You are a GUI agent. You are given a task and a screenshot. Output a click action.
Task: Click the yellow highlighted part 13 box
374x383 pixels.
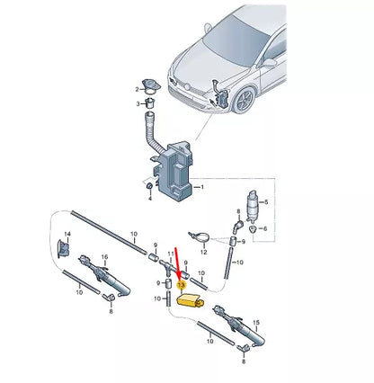(191, 300)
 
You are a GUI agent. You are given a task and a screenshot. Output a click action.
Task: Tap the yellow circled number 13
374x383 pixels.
(182, 285)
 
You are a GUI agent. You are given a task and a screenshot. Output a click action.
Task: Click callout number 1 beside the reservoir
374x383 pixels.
(202, 187)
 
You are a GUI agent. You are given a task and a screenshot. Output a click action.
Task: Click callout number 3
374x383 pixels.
(138, 104)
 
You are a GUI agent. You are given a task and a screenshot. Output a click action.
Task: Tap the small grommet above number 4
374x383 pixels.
(149, 187)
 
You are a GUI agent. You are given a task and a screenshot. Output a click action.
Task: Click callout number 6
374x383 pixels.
(265, 229)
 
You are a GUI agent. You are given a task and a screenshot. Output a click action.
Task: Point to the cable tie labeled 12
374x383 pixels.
(200, 237)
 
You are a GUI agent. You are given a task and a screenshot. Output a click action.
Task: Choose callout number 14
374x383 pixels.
(67, 234)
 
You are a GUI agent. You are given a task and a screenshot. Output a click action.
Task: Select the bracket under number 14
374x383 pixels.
(64, 249)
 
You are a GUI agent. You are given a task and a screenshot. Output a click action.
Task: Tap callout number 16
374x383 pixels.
(104, 257)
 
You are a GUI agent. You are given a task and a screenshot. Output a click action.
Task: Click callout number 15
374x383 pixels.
(256, 323)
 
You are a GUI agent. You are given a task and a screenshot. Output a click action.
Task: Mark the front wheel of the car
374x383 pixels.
(245, 101)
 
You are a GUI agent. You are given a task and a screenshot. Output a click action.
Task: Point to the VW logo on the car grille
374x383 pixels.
(187, 87)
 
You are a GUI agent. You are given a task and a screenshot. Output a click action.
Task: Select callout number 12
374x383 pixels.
(203, 253)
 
